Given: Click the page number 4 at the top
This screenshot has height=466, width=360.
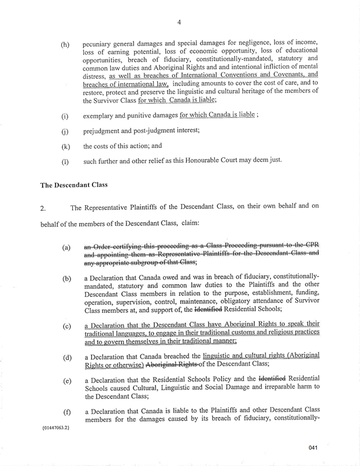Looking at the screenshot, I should pos(180,23).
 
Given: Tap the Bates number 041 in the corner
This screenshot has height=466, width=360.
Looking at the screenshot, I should pos(329,447).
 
